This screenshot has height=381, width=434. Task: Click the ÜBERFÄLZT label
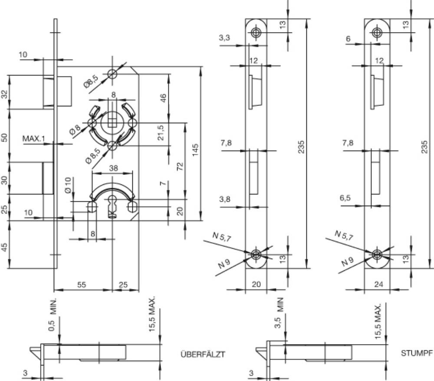click(x=203, y=354)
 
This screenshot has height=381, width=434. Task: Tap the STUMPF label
click(x=417, y=353)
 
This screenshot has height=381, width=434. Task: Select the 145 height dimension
click(x=195, y=150)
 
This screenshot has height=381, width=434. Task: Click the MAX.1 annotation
click(x=33, y=138)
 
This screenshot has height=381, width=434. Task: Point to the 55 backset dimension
click(x=82, y=284)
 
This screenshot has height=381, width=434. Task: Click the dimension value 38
click(x=113, y=168)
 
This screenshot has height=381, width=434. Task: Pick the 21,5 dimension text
click(x=161, y=132)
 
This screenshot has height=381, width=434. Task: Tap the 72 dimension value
click(x=180, y=166)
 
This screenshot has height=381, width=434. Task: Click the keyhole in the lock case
click(x=112, y=206)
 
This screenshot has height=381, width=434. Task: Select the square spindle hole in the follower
click(x=112, y=122)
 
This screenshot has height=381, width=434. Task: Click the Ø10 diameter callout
click(x=68, y=185)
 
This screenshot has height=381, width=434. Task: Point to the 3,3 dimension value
click(x=224, y=37)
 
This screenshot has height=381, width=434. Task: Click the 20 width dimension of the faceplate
click(x=256, y=284)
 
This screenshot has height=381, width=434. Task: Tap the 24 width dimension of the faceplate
click(x=378, y=284)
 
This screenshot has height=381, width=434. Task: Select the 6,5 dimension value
click(x=345, y=198)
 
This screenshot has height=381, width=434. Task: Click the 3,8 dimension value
click(x=225, y=199)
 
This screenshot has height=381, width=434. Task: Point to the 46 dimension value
click(x=163, y=98)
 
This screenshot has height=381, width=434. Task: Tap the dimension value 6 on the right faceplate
click(x=348, y=39)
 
